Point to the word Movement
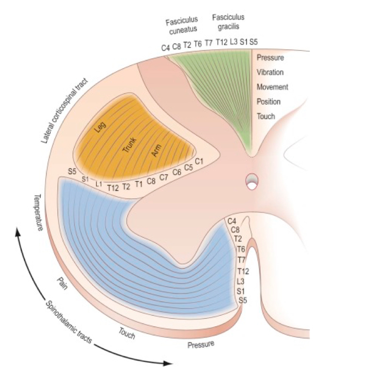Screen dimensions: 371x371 (272, 87)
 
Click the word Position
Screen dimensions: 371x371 (268, 101)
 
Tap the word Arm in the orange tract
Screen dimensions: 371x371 (156, 151)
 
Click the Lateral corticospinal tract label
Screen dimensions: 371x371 (65, 111)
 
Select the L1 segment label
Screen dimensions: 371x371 (99, 184)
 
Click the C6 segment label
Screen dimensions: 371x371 (177, 172)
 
